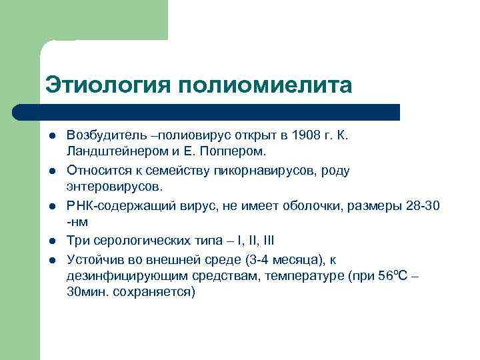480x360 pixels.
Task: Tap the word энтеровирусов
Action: tap(109, 187)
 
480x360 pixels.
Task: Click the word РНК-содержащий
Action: tap(114, 205)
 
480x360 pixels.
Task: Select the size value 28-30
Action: tap(422, 205)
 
